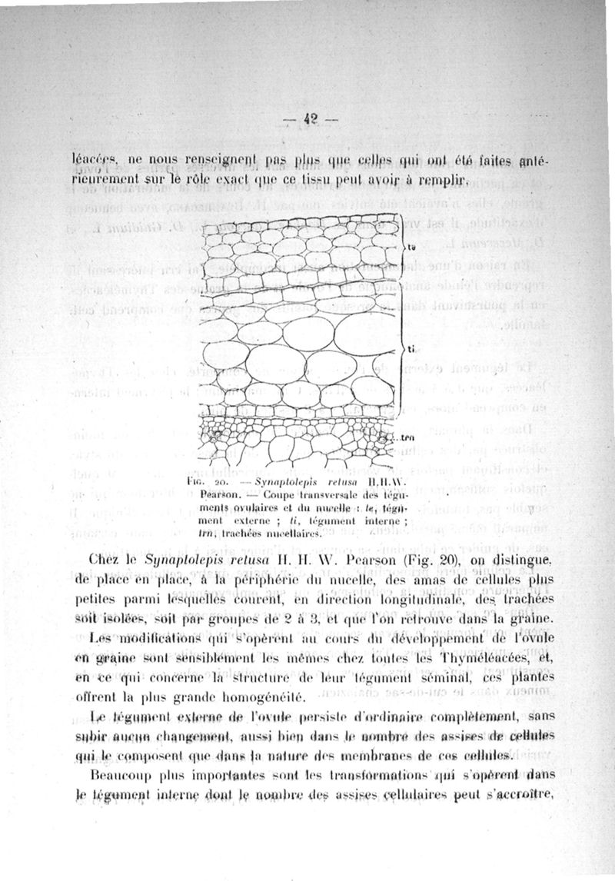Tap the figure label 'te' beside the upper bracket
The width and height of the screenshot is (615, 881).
click(x=411, y=248)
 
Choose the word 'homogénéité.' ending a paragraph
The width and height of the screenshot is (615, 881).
click(x=265, y=698)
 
